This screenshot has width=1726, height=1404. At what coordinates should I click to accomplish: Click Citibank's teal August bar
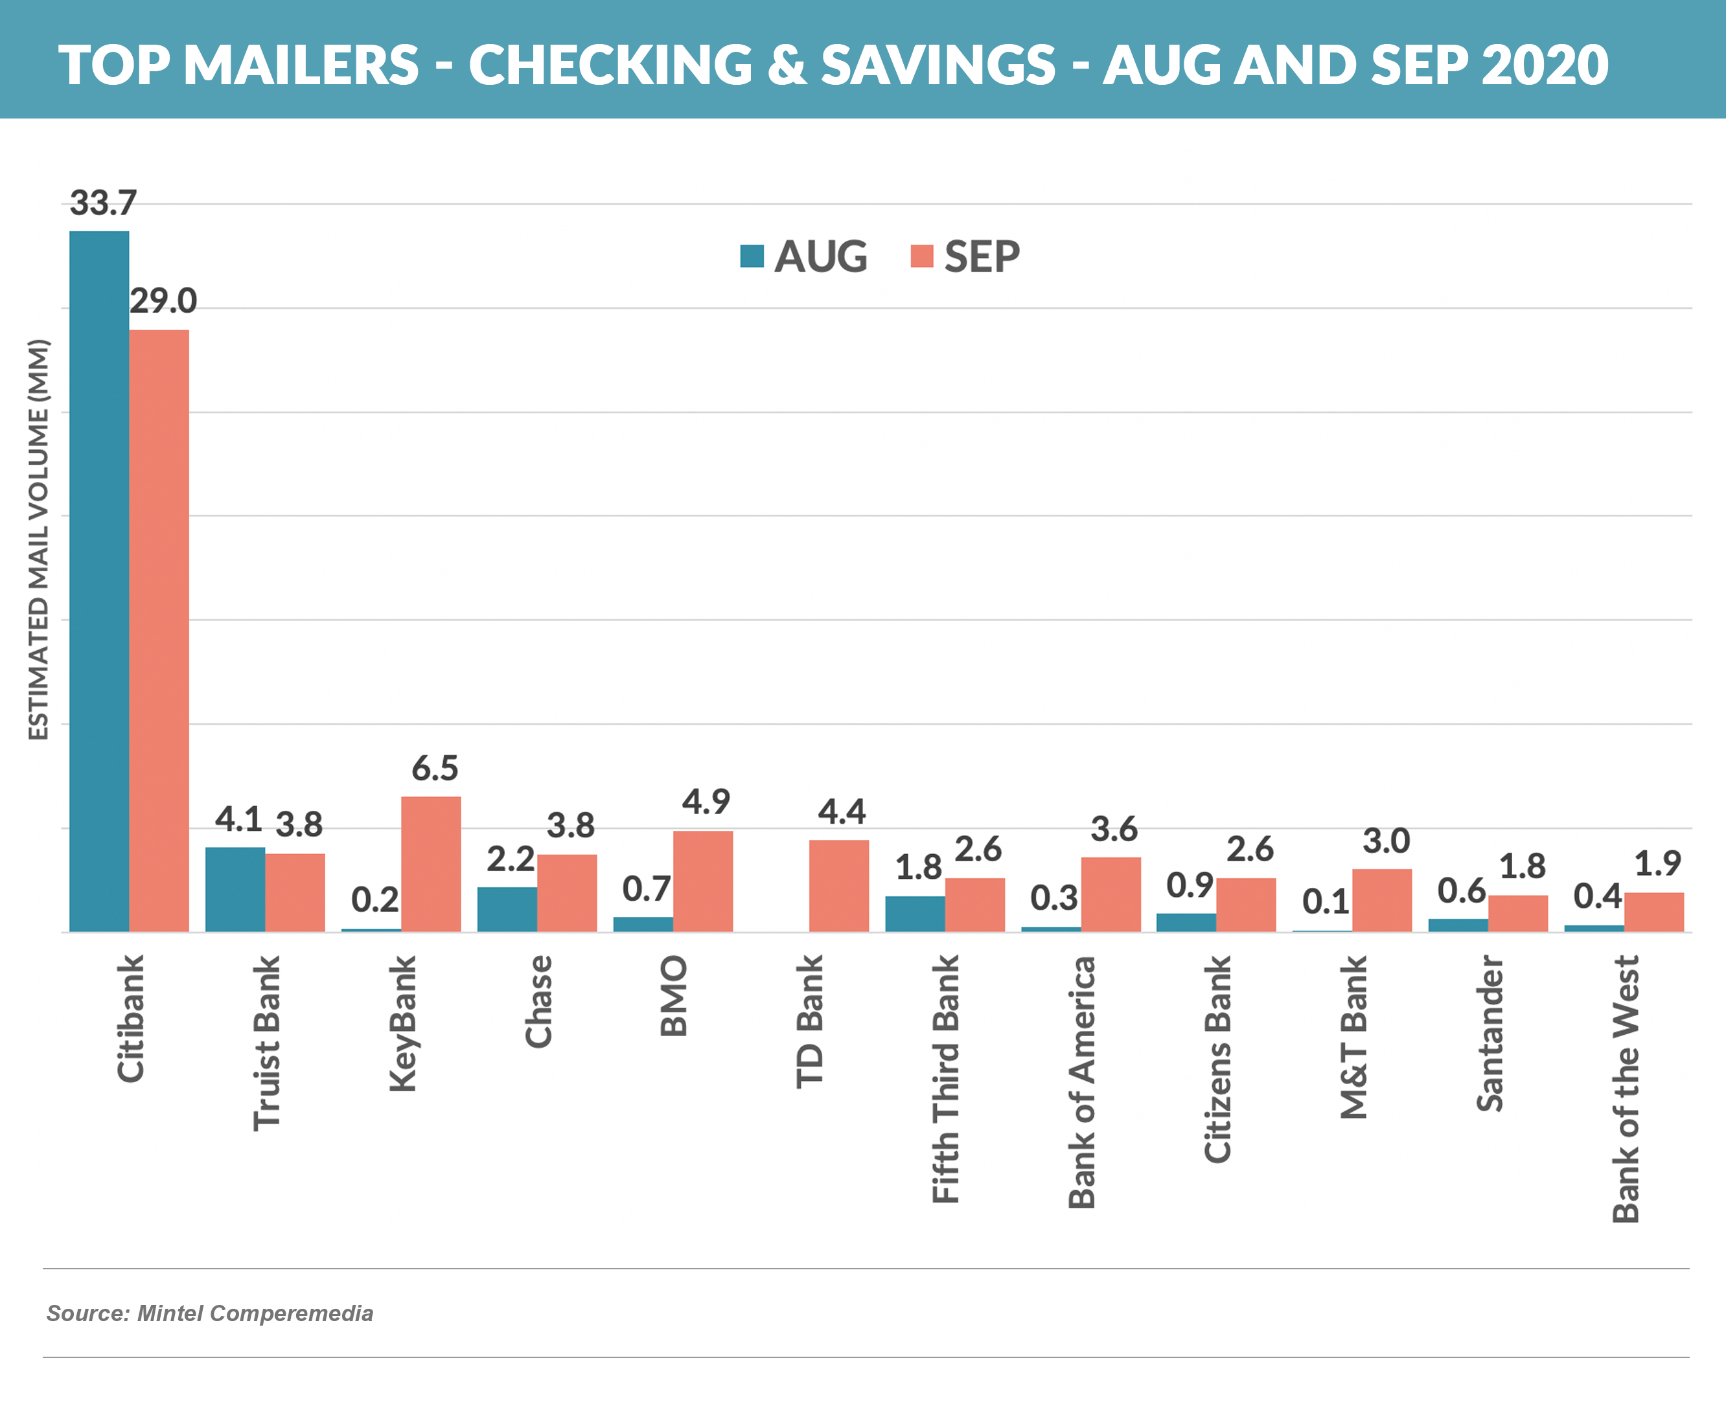[x=98, y=582]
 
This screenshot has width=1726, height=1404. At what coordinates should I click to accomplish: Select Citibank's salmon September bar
[x=159, y=630]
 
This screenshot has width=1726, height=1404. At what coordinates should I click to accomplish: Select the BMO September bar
[x=702, y=881]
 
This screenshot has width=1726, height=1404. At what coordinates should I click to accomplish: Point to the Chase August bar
[x=507, y=909]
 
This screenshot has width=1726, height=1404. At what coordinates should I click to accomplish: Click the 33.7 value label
[x=103, y=202]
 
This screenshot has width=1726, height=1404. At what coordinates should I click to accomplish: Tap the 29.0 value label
[x=163, y=301]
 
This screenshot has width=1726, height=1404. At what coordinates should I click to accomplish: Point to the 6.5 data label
[x=435, y=768]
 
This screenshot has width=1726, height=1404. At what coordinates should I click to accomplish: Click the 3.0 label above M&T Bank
[x=1386, y=842]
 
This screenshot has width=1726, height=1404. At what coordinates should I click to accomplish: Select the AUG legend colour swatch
[x=752, y=256]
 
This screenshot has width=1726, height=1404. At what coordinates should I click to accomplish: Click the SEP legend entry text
[x=982, y=257]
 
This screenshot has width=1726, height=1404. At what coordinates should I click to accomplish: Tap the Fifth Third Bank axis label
[x=945, y=1079]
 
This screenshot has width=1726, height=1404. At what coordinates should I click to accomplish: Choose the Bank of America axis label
[x=1081, y=1082]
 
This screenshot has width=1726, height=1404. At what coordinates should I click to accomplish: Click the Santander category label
[x=1489, y=1034]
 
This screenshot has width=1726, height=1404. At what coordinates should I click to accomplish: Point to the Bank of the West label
[x=1625, y=1089]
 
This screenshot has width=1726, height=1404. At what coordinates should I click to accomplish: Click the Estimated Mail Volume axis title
[x=38, y=539]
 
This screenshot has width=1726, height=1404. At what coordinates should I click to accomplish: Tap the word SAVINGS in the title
[x=938, y=65]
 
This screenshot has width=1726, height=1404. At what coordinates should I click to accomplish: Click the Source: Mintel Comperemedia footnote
[x=209, y=1313]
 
